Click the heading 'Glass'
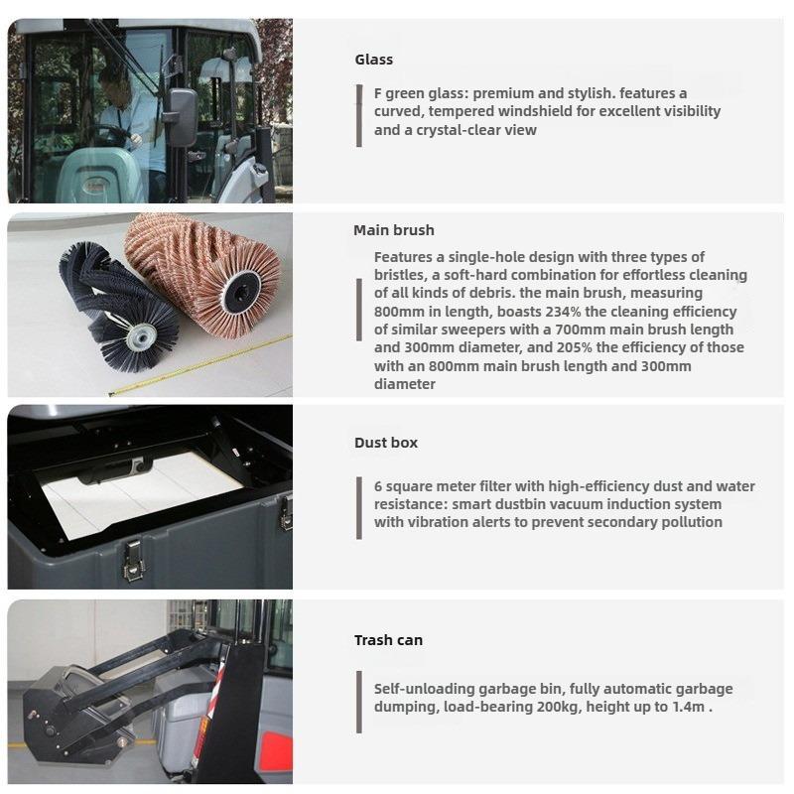point(373,60)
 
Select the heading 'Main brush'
point(393,230)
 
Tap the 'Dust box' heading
point(386,443)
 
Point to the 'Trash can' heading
point(388,640)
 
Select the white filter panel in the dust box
point(139,496)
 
